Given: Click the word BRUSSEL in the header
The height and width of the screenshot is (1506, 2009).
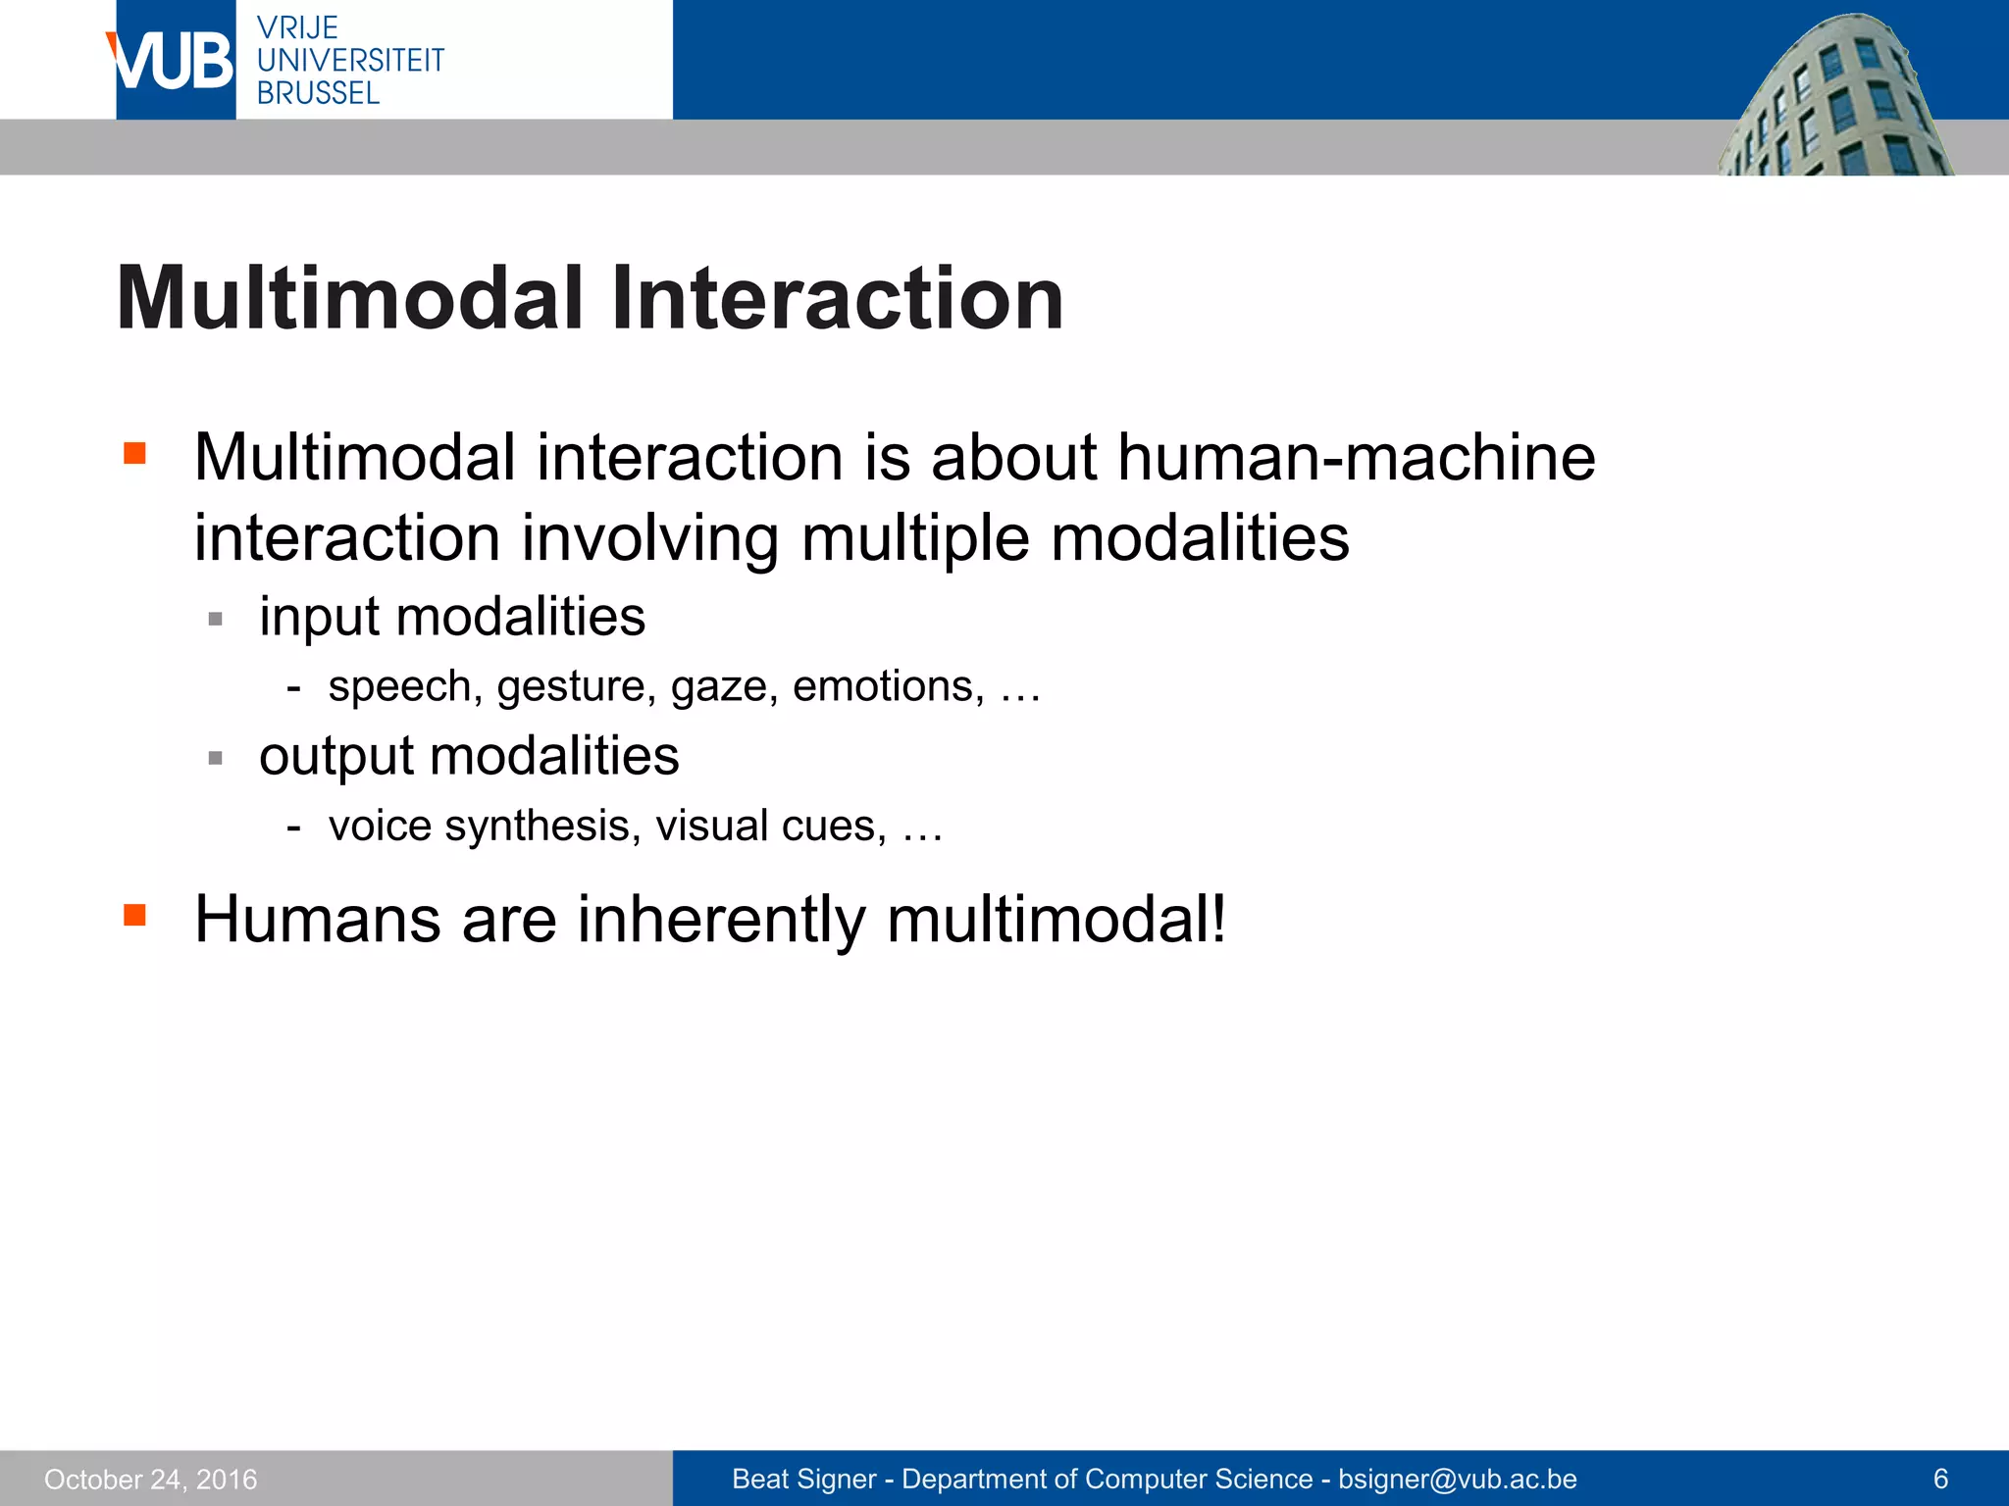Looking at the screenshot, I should (x=318, y=94).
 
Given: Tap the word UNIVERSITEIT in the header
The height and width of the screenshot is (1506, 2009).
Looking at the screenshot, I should (x=350, y=61).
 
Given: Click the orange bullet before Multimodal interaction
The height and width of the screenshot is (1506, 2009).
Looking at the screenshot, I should (x=134, y=453).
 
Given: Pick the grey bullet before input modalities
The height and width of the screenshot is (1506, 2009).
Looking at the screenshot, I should (x=216, y=620).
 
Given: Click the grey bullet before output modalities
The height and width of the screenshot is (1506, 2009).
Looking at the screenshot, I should (x=216, y=758).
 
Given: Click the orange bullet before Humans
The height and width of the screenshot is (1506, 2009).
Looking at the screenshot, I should (x=134, y=916).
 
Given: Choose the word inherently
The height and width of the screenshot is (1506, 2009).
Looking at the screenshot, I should (x=721, y=921).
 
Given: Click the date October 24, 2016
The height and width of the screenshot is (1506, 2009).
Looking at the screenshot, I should (x=151, y=1479).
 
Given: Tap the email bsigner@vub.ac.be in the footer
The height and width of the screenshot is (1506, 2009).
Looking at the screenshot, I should (x=1458, y=1479).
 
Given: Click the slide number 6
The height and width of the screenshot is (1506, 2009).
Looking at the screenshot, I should (x=1939, y=1479).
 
